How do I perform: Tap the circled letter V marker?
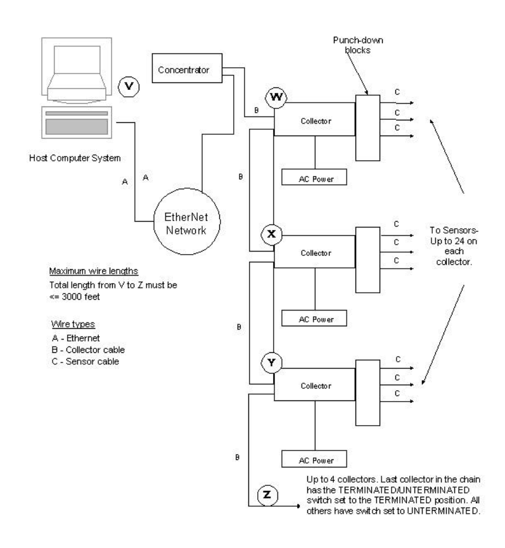tap(129, 85)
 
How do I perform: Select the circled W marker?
tap(276, 97)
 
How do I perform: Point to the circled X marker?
tap(272, 234)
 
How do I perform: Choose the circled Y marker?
tap(272, 364)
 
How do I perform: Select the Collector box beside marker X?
tap(315, 253)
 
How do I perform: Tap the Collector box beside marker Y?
tap(315, 385)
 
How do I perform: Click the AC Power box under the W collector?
tap(315, 178)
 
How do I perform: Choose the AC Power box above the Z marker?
tap(315, 459)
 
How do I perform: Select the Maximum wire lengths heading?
tap(87, 273)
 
